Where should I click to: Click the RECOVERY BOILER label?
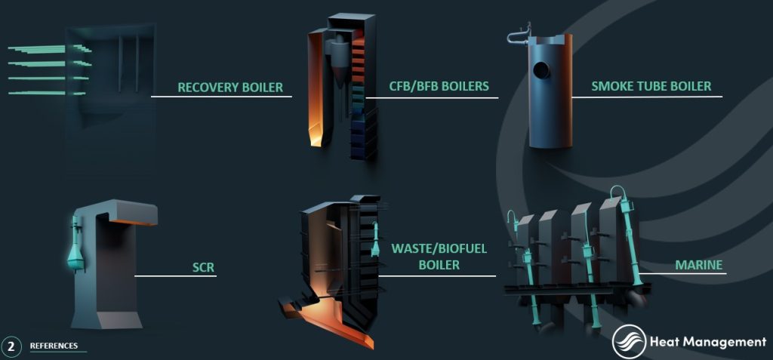click(230, 88)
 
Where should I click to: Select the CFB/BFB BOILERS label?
click(439, 86)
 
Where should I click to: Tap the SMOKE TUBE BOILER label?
click(651, 86)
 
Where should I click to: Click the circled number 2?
click(11, 346)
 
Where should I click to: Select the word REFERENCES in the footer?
click(54, 346)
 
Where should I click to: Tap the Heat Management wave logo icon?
click(628, 342)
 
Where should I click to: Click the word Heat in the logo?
click(663, 342)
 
